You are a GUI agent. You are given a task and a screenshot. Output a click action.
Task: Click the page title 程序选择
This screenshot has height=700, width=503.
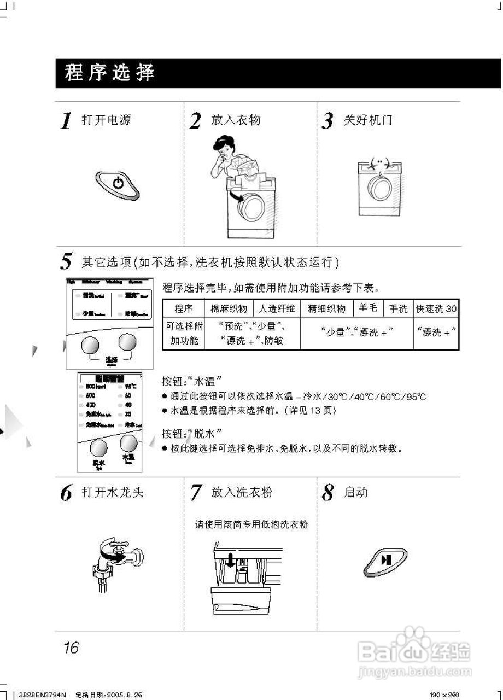pyautogui.click(x=110, y=73)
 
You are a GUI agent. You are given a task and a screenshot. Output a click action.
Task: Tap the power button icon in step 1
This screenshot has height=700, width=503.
pyautogui.click(x=118, y=184)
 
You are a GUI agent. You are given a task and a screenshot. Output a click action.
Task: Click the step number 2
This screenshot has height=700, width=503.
pyautogui.click(x=195, y=121)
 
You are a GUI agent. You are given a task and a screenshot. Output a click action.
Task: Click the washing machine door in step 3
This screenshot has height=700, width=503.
pyautogui.click(x=378, y=189)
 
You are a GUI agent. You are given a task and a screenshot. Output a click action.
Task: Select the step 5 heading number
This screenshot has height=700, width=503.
pyautogui.click(x=66, y=262)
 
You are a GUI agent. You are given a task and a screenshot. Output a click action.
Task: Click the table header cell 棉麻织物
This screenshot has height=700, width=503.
pyautogui.click(x=229, y=308)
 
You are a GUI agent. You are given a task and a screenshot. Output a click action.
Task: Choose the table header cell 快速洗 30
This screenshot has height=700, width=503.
pyautogui.click(x=436, y=308)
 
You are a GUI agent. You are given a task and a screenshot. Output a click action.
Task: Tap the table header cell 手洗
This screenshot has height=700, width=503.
pyautogui.click(x=398, y=308)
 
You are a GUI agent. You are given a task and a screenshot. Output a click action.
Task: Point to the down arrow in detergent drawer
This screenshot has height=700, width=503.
pyautogui.click(x=230, y=561)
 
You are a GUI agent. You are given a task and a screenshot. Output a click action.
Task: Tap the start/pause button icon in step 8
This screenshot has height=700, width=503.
pyautogui.click(x=385, y=561)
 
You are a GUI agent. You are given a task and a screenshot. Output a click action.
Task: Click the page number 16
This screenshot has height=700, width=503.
pyautogui.click(x=71, y=648)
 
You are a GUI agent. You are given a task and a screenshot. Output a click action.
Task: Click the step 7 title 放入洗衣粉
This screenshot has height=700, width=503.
pyautogui.click(x=241, y=492)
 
